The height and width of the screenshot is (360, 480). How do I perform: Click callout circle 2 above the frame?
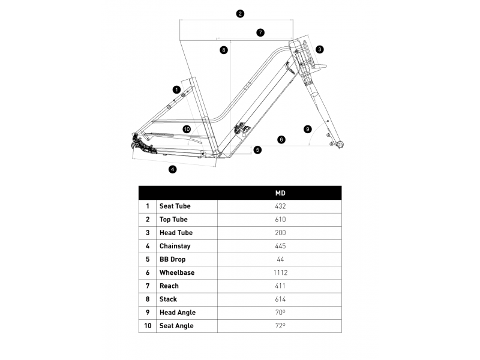[x=240, y=13]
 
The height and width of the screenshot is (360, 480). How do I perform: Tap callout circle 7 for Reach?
[x=260, y=33]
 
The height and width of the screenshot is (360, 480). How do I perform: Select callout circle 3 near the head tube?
[x=320, y=49]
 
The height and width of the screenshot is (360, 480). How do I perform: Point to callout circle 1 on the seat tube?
[x=176, y=89]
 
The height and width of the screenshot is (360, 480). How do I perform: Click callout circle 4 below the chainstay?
[x=173, y=169]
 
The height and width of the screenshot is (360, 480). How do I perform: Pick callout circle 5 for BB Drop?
[x=257, y=150]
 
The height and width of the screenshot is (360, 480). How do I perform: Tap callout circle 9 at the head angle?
[x=308, y=129]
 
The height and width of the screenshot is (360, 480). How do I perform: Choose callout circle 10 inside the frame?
[x=186, y=129]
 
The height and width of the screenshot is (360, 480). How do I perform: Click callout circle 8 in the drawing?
[x=224, y=50]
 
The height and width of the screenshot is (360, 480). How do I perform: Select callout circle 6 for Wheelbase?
[x=281, y=140]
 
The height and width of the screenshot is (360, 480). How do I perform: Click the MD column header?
[x=280, y=193]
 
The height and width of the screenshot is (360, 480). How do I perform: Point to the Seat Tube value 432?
[x=280, y=206]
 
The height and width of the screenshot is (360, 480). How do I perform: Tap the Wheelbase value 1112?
[x=280, y=272]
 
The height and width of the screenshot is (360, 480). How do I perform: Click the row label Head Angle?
[x=177, y=313]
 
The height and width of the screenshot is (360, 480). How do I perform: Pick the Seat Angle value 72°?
[x=280, y=326]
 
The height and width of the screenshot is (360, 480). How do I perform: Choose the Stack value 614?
[x=280, y=299]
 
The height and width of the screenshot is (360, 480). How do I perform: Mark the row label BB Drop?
[x=172, y=259]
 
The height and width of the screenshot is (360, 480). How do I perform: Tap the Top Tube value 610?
[x=280, y=220]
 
